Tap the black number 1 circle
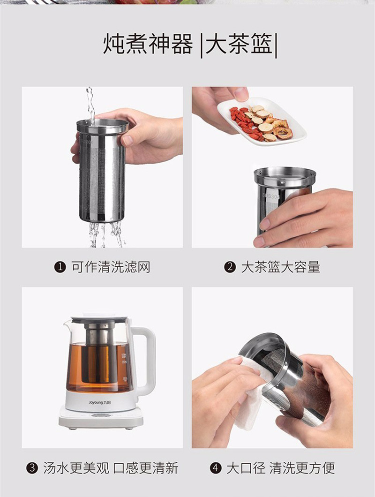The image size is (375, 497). pyautogui.click(x=60, y=267)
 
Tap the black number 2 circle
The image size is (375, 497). pyautogui.click(x=230, y=267)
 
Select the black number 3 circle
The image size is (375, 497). pyautogui.click(x=32, y=468)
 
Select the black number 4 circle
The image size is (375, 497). pyautogui.click(x=216, y=468)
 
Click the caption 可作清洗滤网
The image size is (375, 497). pyautogui.click(x=111, y=267)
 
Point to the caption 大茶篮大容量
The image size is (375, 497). pyautogui.click(x=281, y=267)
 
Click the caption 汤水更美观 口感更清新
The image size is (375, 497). pyautogui.click(x=111, y=468)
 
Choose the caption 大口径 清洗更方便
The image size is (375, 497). pyautogui.click(x=281, y=468)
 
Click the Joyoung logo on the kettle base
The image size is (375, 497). pyautogui.click(x=99, y=403)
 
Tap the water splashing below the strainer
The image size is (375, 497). pyautogui.click(x=106, y=234)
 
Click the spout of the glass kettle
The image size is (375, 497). pyautogui.click(x=67, y=324)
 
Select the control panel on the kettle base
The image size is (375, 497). pyautogui.click(x=101, y=415)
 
